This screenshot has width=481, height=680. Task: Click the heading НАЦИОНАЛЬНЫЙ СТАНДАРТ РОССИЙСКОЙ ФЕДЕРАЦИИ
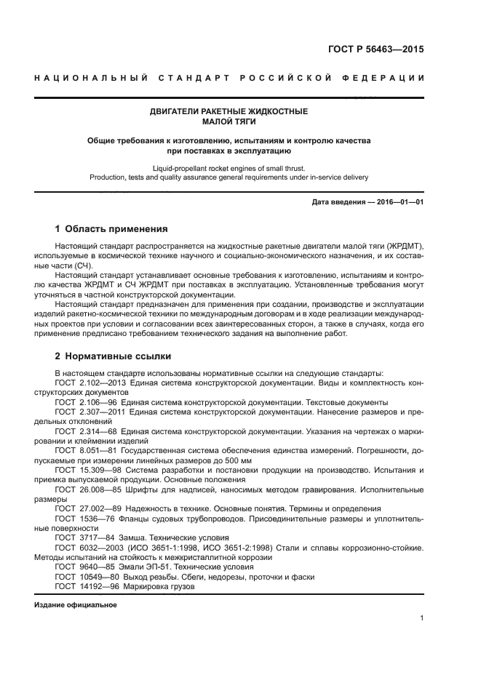point(230,78)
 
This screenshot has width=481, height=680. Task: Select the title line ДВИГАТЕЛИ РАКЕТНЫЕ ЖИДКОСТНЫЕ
point(229,111)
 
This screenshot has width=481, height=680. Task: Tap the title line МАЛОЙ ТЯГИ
point(229,121)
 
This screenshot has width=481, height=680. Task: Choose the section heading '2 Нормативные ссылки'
point(113,356)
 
